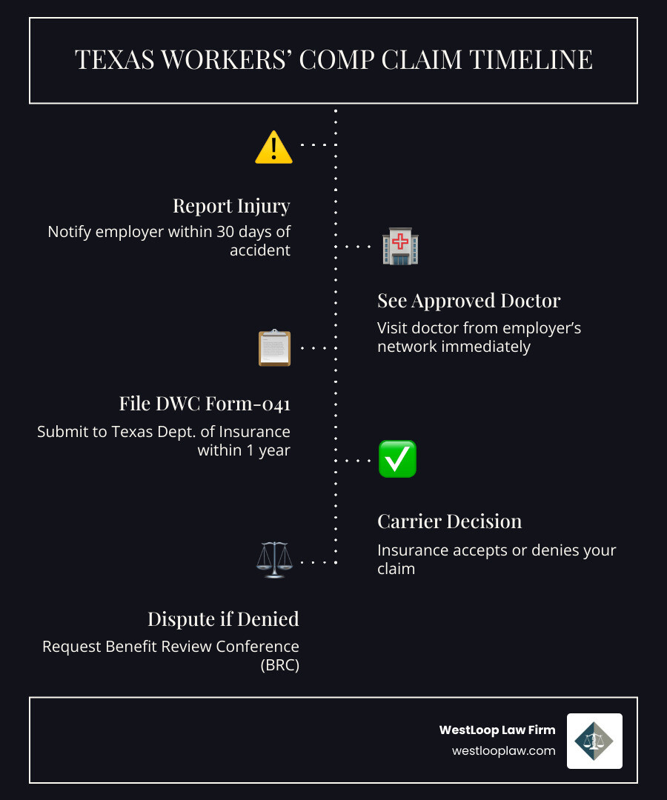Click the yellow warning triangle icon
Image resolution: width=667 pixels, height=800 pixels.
pos(273,147)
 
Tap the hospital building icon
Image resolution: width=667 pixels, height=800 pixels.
pos(399,247)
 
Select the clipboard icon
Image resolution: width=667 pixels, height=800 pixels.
pos(274,347)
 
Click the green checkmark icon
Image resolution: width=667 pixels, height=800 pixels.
pos(397,459)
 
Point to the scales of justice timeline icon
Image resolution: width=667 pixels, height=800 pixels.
pos(273,560)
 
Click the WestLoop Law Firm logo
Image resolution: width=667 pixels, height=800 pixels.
pos(594,741)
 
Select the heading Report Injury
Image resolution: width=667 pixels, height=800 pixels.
pos(231,205)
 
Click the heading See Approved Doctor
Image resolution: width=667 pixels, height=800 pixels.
pos(468,301)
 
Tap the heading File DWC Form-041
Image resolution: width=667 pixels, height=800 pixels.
pos(205,404)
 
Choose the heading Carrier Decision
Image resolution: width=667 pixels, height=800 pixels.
pos(449,521)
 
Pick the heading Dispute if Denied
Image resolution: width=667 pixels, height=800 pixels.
pos(223,619)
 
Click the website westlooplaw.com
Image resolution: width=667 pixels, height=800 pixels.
pos(503,750)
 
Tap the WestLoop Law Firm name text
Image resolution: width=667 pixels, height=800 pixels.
pos(497,730)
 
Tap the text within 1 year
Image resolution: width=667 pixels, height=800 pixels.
pos(244,450)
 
